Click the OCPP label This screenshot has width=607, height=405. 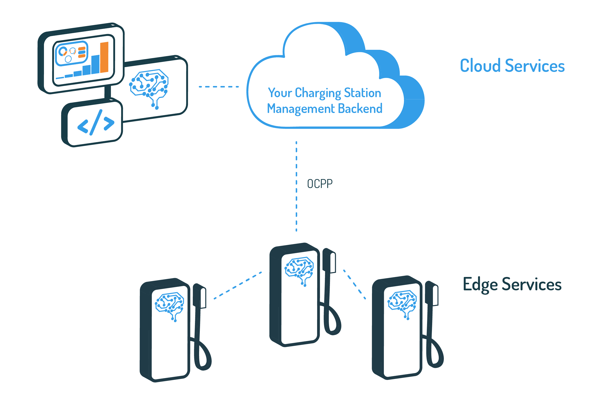coord(320,184)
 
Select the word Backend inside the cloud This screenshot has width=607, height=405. coord(360,109)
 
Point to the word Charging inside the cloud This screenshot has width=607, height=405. coord(318,93)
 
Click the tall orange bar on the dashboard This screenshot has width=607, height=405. coord(104,57)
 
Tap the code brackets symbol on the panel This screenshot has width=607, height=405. coord(96,122)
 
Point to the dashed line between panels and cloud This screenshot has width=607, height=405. coord(219,87)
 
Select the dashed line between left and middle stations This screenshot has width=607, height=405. coord(238,285)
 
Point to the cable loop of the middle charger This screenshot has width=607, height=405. coord(333,320)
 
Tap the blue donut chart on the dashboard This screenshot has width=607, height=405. coord(63,52)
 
